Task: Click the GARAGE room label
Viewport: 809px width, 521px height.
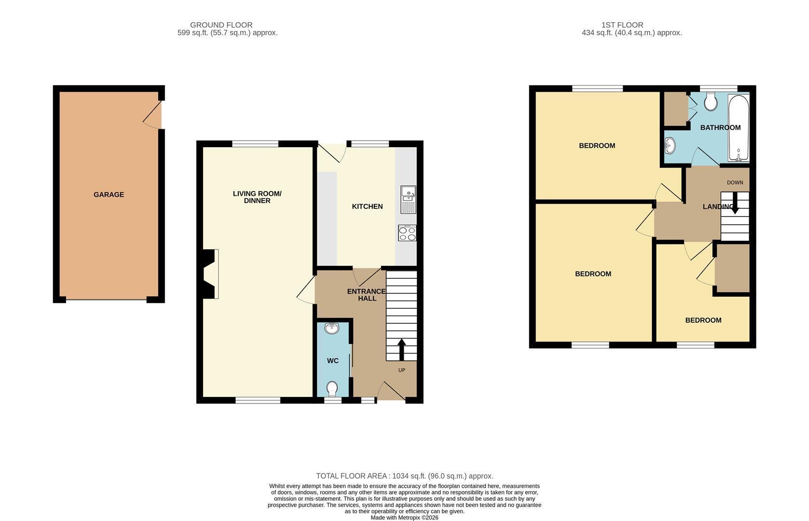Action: (x=109, y=194)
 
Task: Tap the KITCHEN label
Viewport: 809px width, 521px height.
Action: (x=367, y=206)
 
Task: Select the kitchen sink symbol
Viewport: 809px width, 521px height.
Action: (x=408, y=200)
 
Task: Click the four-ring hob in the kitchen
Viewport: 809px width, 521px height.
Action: (x=407, y=233)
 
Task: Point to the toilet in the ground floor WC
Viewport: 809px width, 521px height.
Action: (x=332, y=389)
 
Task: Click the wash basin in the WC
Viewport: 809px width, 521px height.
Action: (x=331, y=328)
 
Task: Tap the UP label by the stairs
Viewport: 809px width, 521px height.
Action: (x=402, y=370)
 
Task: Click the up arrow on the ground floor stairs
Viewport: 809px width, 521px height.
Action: (x=401, y=349)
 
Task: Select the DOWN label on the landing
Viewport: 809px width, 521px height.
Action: (x=735, y=183)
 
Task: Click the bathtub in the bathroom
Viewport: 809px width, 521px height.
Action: (x=739, y=128)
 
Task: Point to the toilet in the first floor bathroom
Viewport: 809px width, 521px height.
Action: (x=711, y=102)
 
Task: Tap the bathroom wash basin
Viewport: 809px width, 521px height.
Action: (x=670, y=146)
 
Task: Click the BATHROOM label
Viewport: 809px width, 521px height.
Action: (x=721, y=127)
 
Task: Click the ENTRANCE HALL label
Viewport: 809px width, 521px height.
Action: (x=367, y=295)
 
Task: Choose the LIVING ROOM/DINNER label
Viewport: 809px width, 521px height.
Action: (x=257, y=197)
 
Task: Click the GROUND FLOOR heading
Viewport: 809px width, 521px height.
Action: (x=221, y=25)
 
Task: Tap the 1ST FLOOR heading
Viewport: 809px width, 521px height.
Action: (x=622, y=25)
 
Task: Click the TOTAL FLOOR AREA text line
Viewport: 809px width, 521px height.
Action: (x=404, y=476)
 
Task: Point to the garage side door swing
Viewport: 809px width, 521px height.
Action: (x=151, y=116)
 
